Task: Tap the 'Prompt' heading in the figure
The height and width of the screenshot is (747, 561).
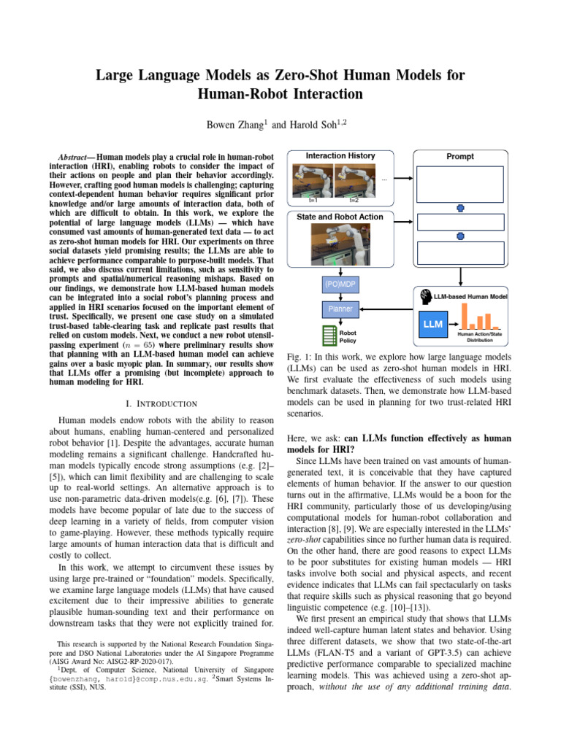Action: click(x=459, y=156)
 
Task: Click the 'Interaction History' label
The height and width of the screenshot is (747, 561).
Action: click(x=340, y=155)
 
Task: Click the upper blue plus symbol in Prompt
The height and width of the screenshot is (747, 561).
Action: click(x=460, y=209)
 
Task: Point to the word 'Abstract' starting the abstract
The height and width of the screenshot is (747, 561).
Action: click(x=75, y=157)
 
